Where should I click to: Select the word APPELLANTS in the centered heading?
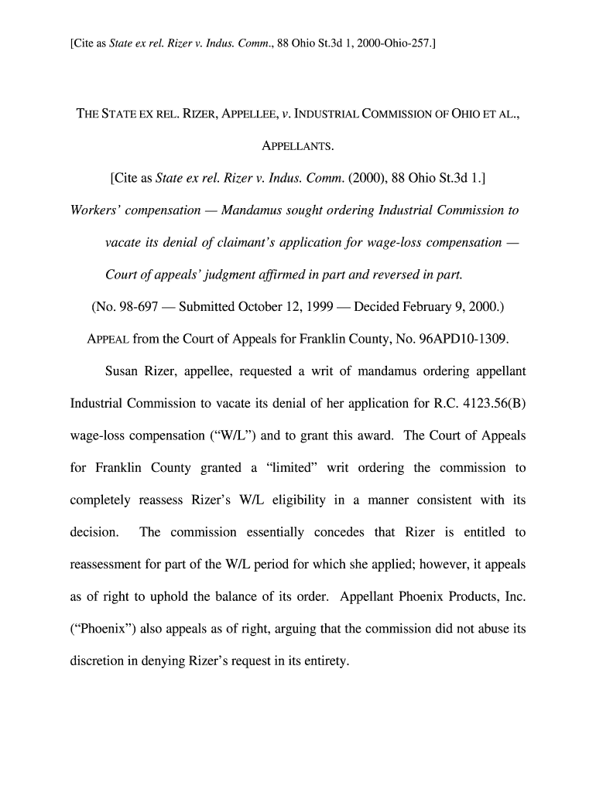tap(297, 145)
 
